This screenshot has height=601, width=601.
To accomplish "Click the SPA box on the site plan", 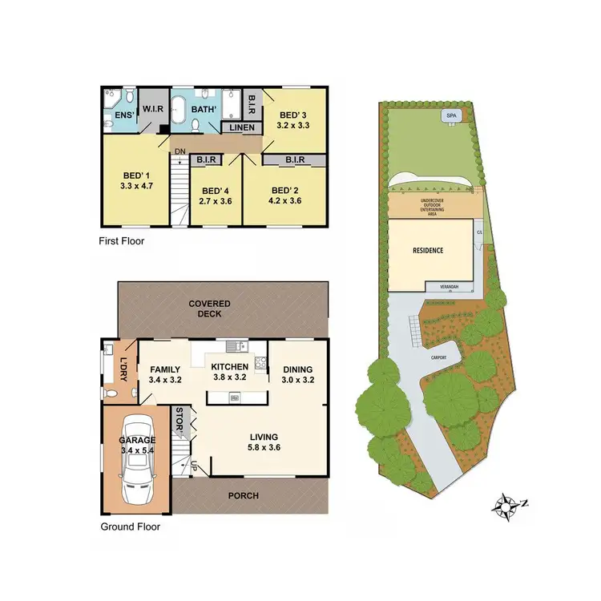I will [x=450, y=116].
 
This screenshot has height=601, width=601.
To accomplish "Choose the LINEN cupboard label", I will [x=242, y=128].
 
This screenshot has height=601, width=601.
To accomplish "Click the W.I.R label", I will [x=151, y=109].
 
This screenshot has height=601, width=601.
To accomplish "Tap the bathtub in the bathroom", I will [x=179, y=109].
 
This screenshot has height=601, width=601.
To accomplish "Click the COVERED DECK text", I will [x=209, y=309].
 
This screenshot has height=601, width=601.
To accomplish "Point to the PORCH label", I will [x=244, y=495].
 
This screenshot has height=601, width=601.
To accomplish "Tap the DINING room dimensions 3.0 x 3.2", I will [x=297, y=381].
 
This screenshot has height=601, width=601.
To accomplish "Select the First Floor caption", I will [x=122, y=240].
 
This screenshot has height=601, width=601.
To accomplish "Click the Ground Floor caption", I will [x=130, y=526].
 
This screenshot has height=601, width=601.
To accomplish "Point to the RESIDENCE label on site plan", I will [x=428, y=250].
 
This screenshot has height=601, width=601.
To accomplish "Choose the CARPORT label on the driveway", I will [x=437, y=358].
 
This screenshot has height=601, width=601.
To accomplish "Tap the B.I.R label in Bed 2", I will [x=294, y=160].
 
